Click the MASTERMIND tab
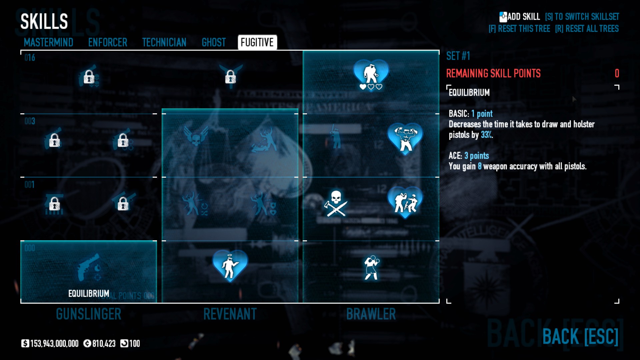click(48, 42)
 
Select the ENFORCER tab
click(108, 42)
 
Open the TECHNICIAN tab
click(164, 42)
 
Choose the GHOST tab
click(214, 42)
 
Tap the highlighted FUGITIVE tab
click(257, 42)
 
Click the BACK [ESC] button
click(580, 336)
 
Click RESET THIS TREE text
click(519, 29)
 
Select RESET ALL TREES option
click(587, 29)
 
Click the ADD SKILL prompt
click(520, 17)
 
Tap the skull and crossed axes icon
click(336, 203)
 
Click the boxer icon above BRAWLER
click(371, 267)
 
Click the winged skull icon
click(196, 136)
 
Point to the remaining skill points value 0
click(617, 73)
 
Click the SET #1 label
click(458, 56)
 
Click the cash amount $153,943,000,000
click(50, 343)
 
